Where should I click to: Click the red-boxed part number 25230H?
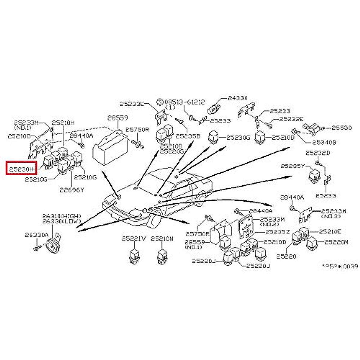pos(21,169)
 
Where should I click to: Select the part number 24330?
pos(238,98)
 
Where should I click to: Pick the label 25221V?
pos(134,239)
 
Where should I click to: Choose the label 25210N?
pos(162,239)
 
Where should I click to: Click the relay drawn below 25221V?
pos(133,256)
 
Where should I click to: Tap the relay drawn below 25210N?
pos(162,256)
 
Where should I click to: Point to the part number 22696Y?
pos(71,189)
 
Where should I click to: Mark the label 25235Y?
pos(292,166)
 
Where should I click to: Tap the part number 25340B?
pos(324,142)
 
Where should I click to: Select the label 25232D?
pos(318,153)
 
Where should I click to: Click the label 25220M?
pos(336,242)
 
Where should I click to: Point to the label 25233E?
pos(132,104)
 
